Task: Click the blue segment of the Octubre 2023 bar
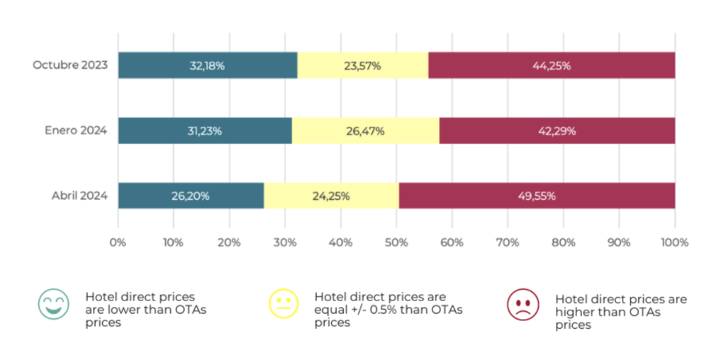(x=208, y=65)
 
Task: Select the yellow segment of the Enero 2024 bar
(x=365, y=130)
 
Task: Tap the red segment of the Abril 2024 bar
(x=537, y=196)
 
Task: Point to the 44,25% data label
(x=552, y=66)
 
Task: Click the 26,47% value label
(x=365, y=131)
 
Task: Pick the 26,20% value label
(x=190, y=196)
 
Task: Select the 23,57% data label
(x=362, y=66)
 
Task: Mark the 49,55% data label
(x=537, y=196)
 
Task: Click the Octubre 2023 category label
(x=70, y=64)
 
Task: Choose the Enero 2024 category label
(x=76, y=130)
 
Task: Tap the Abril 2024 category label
(x=79, y=196)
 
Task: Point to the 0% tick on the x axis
(x=118, y=242)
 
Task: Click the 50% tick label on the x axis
(x=396, y=242)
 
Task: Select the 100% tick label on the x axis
(x=675, y=242)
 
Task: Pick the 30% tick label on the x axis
(x=285, y=242)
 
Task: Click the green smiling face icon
(x=54, y=304)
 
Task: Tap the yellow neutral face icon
(x=284, y=303)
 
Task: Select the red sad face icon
(x=523, y=305)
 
